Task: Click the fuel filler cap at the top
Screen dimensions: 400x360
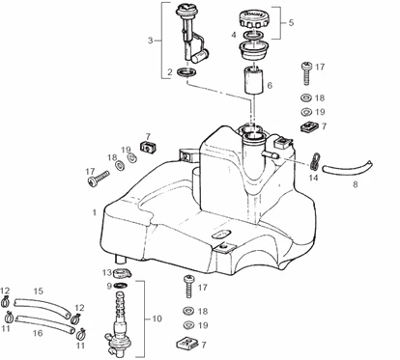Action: [254, 19]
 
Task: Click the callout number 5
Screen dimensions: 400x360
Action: [291, 22]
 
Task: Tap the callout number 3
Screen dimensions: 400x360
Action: [151, 41]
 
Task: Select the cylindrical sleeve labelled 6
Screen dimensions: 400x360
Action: [254, 80]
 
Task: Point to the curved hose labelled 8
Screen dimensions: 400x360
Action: [348, 168]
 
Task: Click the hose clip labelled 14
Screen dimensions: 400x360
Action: [315, 161]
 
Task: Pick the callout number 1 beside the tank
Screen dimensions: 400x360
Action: [94, 212]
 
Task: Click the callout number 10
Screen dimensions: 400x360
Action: [157, 318]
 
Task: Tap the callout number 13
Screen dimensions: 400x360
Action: [106, 273]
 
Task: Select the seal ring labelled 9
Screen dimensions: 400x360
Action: [121, 285]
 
